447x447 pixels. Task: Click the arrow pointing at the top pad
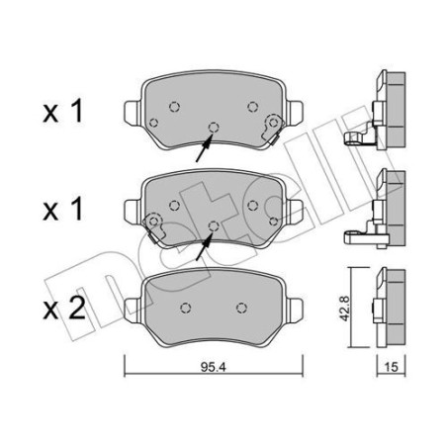pyautogui.click(x=202, y=149)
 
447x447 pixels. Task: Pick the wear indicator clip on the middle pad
pyautogui.click(x=153, y=223)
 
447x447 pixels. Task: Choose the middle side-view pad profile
pyautogui.click(x=388, y=207)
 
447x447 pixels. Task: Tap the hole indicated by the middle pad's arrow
pyautogui.click(x=214, y=225)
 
